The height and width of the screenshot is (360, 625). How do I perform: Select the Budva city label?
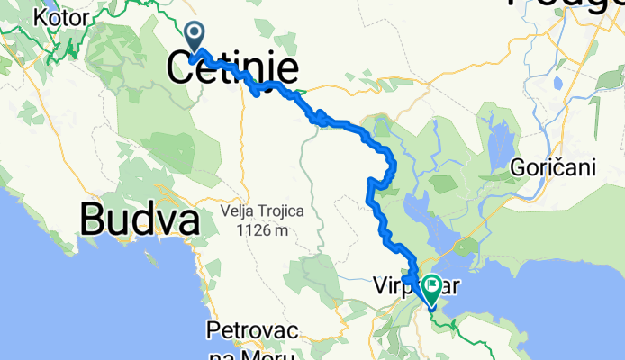tap(140, 219)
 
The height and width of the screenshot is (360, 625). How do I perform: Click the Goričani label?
tap(551, 167)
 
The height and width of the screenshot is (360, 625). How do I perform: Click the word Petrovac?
tap(249, 329)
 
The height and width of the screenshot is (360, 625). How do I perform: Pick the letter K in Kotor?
tap(39, 16)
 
